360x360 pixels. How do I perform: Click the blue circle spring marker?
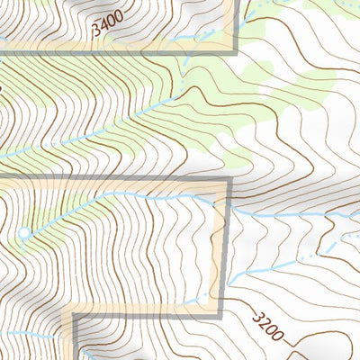pos(23,234)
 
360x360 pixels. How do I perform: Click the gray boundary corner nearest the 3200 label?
pos(220,314)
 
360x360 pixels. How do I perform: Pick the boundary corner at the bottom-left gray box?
pos(75,316)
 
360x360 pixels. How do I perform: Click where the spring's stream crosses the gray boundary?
pos(223,206)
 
